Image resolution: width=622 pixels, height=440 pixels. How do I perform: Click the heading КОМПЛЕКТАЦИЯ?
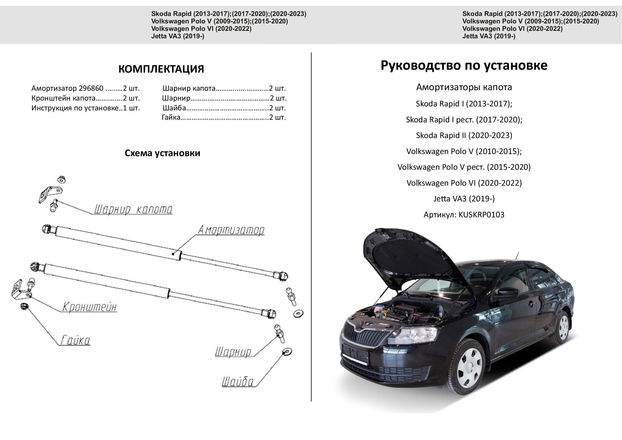161,69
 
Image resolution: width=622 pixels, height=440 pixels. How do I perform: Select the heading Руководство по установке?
464,65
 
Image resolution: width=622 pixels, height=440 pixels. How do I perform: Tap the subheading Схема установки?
162,153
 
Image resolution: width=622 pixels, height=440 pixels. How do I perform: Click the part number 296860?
91,88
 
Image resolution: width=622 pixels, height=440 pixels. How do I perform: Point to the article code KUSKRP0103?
481,215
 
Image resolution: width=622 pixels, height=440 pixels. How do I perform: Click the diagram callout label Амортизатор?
231,230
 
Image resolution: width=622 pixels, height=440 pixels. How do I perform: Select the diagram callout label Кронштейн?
89,307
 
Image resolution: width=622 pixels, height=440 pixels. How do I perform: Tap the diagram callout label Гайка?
75,340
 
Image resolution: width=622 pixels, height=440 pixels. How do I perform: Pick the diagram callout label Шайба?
238,381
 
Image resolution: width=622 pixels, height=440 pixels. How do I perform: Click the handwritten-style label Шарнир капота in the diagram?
133,209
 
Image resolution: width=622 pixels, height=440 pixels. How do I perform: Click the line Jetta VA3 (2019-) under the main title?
464,199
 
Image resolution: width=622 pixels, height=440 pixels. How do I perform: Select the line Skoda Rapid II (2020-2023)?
464,135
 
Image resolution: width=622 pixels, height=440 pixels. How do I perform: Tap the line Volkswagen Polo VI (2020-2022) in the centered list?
464,183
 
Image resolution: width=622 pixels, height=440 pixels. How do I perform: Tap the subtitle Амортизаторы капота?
464,87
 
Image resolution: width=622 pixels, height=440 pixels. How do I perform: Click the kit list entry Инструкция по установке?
75,108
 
